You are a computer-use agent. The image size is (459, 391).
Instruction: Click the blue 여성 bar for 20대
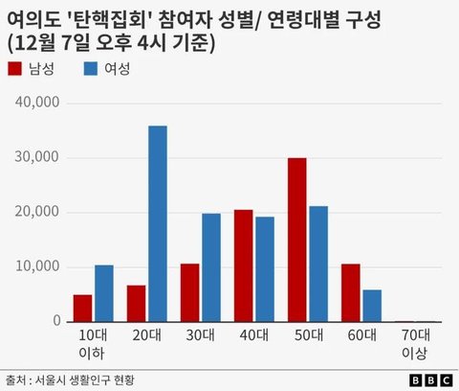pyautogui.click(x=158, y=223)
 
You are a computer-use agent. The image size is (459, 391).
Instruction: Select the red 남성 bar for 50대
pyautogui.click(x=297, y=240)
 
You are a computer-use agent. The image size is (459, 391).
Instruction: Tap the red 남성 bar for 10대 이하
pyautogui.click(x=82, y=309)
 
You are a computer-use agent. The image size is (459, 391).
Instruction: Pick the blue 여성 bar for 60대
pyautogui.click(x=372, y=306)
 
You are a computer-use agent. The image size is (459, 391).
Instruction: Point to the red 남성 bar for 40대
pyautogui.click(x=244, y=265)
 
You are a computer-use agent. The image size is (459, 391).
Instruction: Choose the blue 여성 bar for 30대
pyautogui.click(x=211, y=267)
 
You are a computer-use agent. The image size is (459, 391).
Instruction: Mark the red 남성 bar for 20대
pyautogui.click(x=136, y=304)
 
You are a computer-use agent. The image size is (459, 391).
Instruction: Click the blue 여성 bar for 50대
pyautogui.click(x=318, y=264)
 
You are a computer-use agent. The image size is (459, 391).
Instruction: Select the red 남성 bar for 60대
pyautogui.click(x=351, y=293)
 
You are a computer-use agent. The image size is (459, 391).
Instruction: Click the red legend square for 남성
pyautogui.click(x=14, y=69)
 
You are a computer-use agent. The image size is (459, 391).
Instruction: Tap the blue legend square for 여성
pyautogui.click(x=91, y=69)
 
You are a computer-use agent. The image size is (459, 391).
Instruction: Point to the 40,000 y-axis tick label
pyautogui.click(x=37, y=103)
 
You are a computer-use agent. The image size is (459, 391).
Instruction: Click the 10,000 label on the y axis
pyautogui.click(x=37, y=266)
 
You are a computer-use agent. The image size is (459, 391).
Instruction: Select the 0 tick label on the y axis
pyautogui.click(x=56, y=320)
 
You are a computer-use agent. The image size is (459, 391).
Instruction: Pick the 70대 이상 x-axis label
pyautogui.click(x=415, y=344)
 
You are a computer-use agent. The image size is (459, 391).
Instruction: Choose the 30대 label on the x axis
pyautogui.click(x=201, y=335)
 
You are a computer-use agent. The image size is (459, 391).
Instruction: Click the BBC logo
pyautogui.click(x=430, y=380)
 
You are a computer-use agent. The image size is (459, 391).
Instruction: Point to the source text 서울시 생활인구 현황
pyautogui.click(x=84, y=379)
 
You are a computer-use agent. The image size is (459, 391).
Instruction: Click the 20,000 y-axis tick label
pyautogui.click(x=37, y=212)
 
